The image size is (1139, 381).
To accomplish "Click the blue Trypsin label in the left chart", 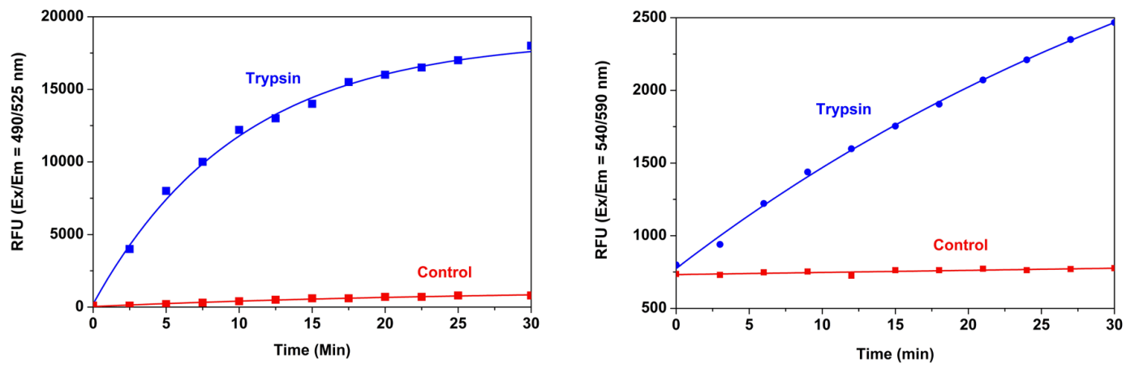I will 273,78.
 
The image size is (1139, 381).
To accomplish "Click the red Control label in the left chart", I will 444,272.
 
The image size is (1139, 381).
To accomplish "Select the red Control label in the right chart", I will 961,245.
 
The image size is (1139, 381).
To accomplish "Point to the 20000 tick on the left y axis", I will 64,17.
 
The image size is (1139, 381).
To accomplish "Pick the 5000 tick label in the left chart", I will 67,235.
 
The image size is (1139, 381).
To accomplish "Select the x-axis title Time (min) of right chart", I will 895,353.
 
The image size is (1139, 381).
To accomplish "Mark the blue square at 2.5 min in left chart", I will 130,249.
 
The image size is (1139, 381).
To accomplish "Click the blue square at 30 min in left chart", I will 531,46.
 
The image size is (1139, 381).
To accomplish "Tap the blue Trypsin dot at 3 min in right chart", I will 720,244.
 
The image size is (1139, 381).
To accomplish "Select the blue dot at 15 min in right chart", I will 895,126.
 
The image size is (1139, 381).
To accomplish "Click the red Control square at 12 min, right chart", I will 851,276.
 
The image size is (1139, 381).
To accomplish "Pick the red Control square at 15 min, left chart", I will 312,298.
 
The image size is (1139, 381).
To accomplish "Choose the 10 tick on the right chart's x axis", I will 822,323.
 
